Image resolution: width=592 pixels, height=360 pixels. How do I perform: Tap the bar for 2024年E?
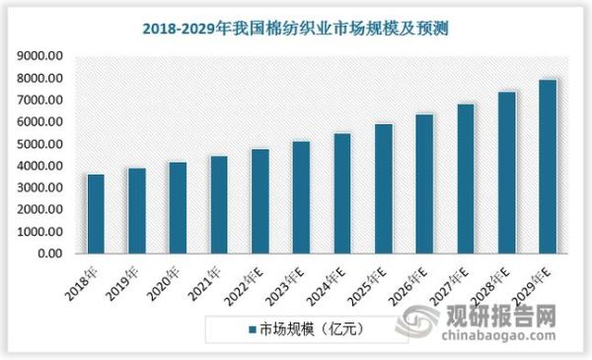[x=342, y=193]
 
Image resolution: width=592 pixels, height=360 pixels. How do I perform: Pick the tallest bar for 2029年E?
[x=548, y=167]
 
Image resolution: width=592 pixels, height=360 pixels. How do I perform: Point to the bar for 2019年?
[x=137, y=211]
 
